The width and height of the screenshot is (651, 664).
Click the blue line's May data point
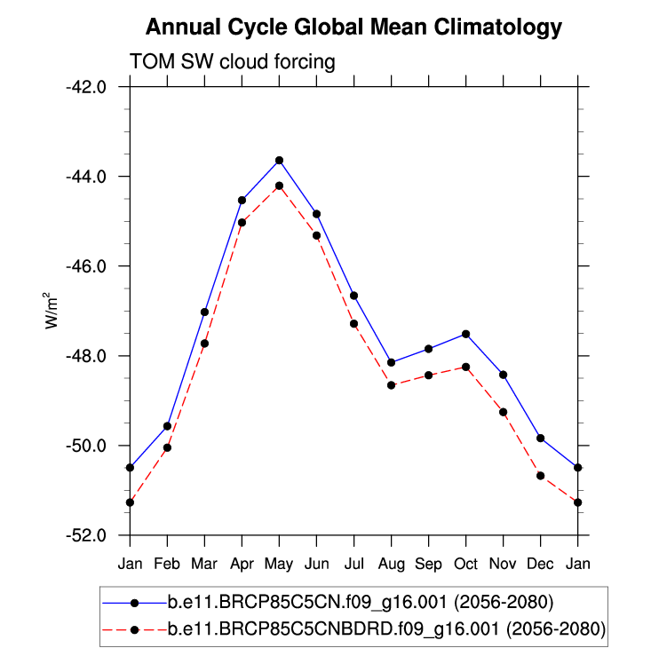pyautogui.click(x=279, y=160)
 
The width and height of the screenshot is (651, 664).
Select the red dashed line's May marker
pyautogui.click(x=279, y=186)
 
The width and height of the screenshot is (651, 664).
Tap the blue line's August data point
pyautogui.click(x=391, y=362)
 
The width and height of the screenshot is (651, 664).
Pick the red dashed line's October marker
pyautogui.click(x=465, y=367)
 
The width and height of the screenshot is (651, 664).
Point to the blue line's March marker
pyautogui.click(x=204, y=312)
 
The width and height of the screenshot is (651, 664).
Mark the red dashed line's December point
pyautogui.click(x=540, y=476)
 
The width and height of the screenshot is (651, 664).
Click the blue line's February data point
pyautogui.click(x=167, y=426)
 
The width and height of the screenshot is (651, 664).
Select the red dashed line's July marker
pyautogui.click(x=353, y=324)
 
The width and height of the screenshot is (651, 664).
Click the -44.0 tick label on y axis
pyautogui.click(x=87, y=177)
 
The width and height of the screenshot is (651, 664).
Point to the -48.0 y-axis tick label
pyautogui.click(x=87, y=356)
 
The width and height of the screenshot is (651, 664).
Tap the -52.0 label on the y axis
pyautogui.click(x=87, y=535)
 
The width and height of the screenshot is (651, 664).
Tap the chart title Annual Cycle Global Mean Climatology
pyautogui.click(x=353, y=28)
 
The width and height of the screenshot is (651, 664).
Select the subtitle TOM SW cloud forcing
pyautogui.click(x=232, y=62)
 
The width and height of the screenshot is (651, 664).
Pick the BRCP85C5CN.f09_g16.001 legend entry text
pyautogui.click(x=361, y=604)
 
